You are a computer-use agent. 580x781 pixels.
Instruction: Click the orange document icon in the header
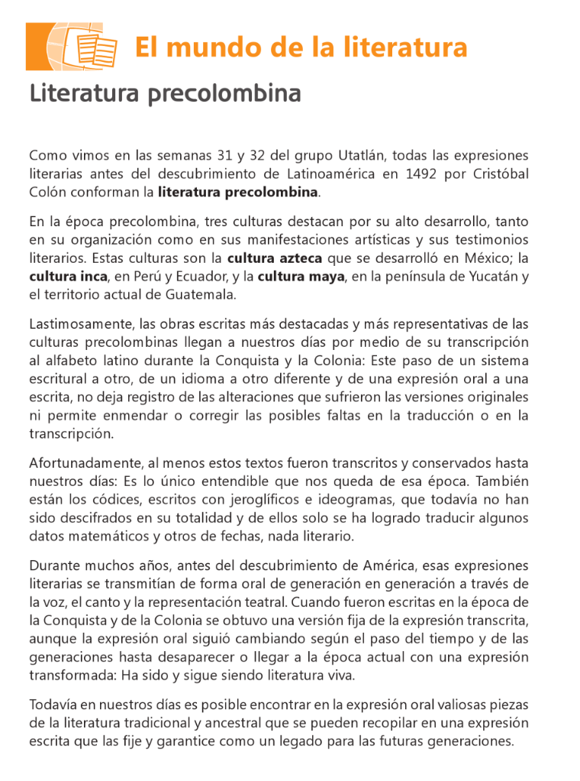(x=72, y=47)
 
